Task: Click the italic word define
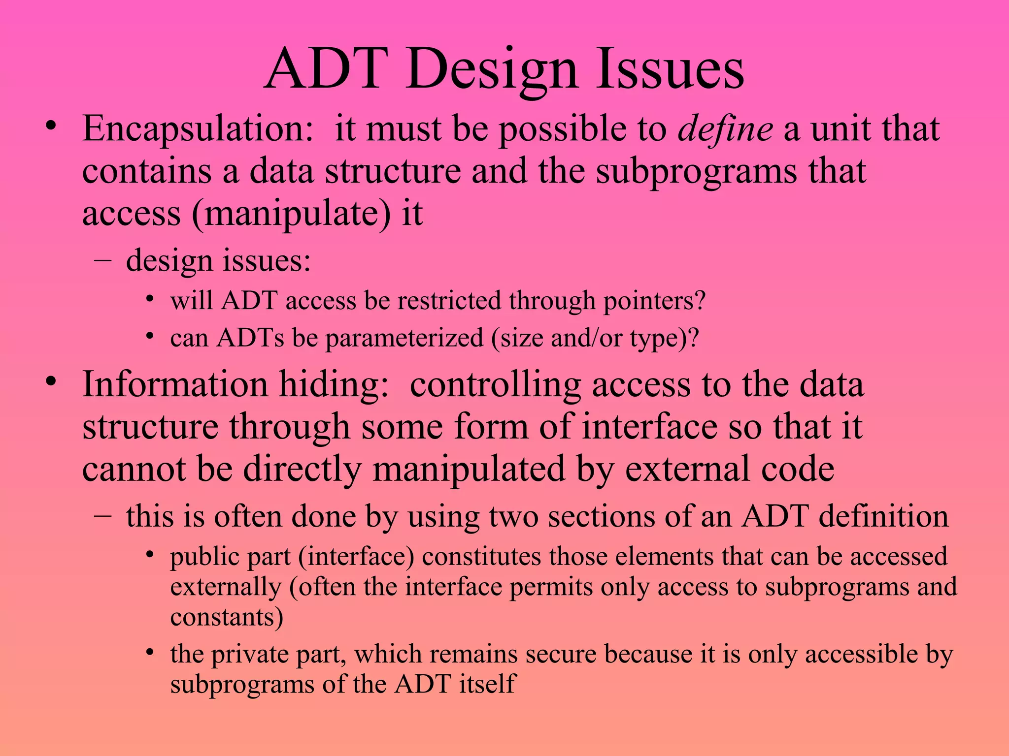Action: click(x=725, y=129)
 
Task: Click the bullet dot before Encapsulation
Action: click(x=51, y=126)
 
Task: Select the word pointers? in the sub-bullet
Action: click(x=654, y=301)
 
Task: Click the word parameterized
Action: click(x=404, y=338)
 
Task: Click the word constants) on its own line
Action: click(x=227, y=617)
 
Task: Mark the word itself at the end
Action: click(x=487, y=684)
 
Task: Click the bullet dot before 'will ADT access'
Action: click(x=150, y=299)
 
